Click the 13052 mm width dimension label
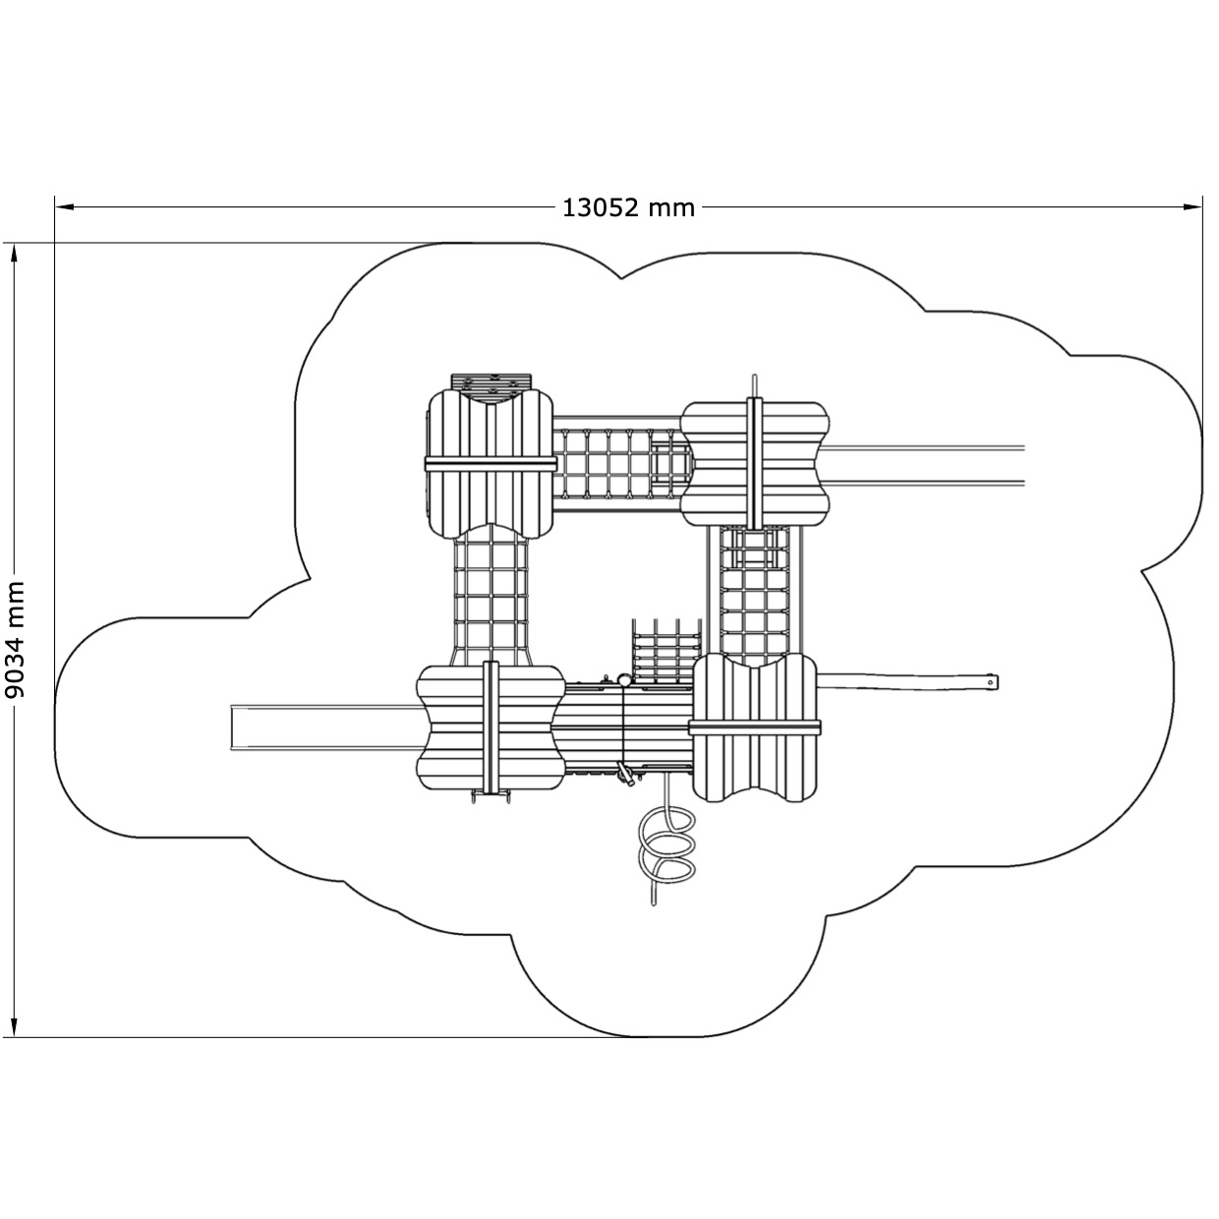click(628, 207)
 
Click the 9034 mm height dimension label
click(15, 640)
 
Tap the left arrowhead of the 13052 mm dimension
click(65, 206)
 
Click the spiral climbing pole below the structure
click(666, 849)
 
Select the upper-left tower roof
click(489, 463)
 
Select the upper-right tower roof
click(756, 463)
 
